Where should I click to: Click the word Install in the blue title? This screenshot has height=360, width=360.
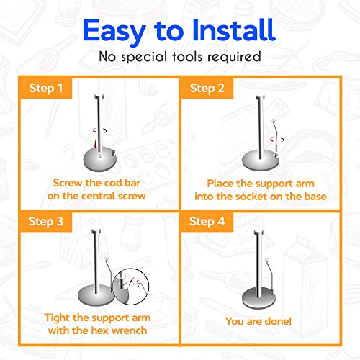pos(234,30)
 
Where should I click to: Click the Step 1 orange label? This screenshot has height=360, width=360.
pos(45,88)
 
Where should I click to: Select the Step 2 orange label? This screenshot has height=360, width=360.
pos(207,88)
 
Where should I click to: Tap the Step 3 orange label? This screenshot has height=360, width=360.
pos(45,221)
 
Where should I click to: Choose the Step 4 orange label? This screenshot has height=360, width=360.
pos(207,221)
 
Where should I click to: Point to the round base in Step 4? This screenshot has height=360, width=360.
pos(258,299)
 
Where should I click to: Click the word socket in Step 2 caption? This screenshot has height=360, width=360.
pos(250,197)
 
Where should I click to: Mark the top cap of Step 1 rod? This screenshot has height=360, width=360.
pos(99,96)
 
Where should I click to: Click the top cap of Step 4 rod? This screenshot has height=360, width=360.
pos(258,233)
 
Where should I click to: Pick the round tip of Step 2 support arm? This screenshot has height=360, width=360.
pos(273,121)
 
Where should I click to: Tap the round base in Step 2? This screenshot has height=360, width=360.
pos(261,161)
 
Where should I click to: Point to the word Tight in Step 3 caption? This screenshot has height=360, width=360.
pos(58,318)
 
